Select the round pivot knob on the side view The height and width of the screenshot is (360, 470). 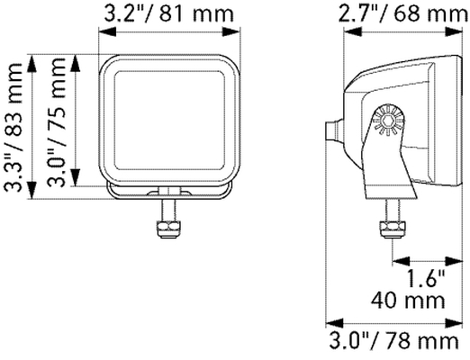[387, 121]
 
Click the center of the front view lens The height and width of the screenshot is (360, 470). [169, 119]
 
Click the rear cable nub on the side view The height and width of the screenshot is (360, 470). [334, 130]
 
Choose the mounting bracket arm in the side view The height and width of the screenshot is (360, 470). [385, 166]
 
